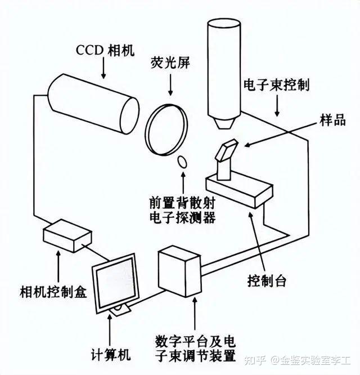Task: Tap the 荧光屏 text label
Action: point(167,61)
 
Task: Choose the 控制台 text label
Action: point(267,280)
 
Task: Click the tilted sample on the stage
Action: point(227,152)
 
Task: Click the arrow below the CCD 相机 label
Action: point(103,67)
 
